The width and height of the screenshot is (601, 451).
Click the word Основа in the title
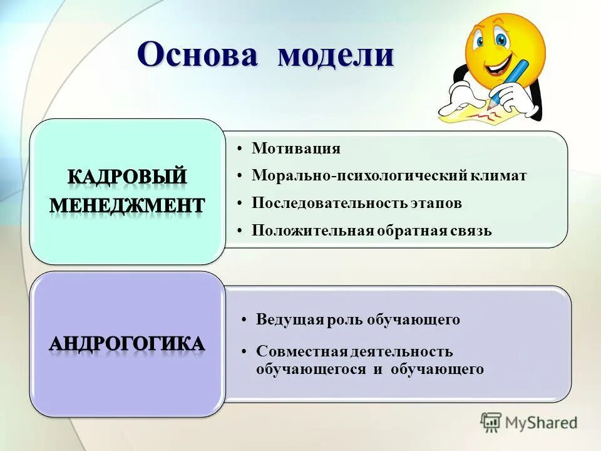(x=197, y=55)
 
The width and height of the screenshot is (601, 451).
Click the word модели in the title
(x=336, y=55)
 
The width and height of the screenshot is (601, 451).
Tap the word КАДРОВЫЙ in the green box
(x=127, y=177)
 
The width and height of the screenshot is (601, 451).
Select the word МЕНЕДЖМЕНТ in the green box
(x=127, y=205)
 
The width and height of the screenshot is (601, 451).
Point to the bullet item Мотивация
(x=296, y=148)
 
